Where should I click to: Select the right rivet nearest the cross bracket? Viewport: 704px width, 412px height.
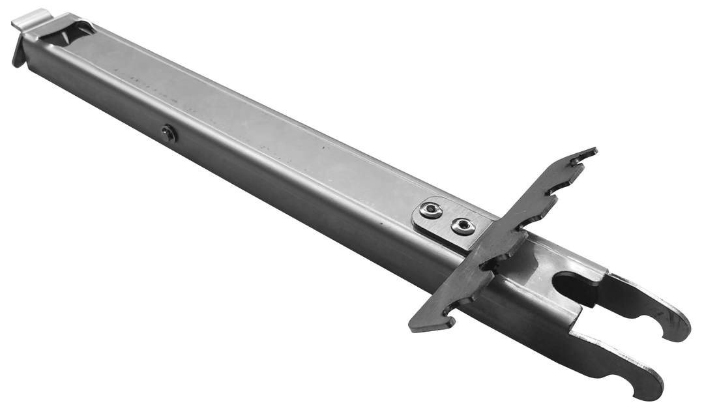462,226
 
